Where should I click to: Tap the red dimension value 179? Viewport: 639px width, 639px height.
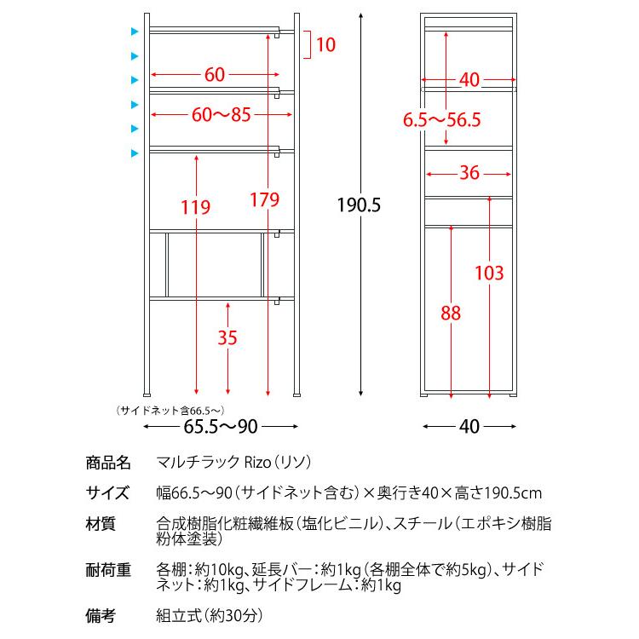point(265,201)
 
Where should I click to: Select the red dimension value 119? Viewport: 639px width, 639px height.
point(195,207)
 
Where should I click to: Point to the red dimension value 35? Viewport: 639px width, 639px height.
point(227,337)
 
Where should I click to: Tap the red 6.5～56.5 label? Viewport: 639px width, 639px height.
point(442,121)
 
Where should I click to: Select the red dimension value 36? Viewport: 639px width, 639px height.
point(469,173)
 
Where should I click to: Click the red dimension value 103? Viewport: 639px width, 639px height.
point(490,273)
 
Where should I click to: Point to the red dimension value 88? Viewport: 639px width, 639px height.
point(451,313)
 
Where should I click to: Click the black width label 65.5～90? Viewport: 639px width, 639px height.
point(221,425)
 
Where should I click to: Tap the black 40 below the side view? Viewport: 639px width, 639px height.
point(469,425)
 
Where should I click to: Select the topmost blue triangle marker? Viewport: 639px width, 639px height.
point(135,32)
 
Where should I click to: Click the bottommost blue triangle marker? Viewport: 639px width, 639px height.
point(135,153)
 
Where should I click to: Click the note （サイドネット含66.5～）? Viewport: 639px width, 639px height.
point(170,410)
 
